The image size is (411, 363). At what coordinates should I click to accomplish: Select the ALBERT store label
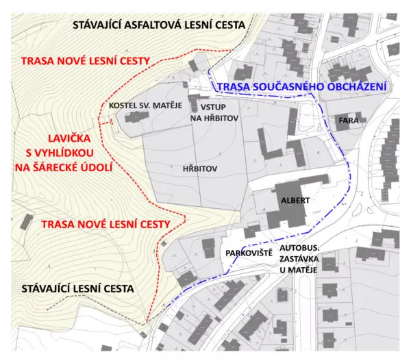[295, 201]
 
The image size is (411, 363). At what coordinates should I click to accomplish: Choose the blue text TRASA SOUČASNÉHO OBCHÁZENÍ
[301, 87]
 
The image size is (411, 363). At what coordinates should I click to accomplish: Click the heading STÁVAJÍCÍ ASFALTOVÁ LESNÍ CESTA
[159, 25]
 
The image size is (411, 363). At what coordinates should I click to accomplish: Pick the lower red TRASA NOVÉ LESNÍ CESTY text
[105, 224]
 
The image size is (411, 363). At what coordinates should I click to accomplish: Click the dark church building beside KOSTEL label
[137, 116]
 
